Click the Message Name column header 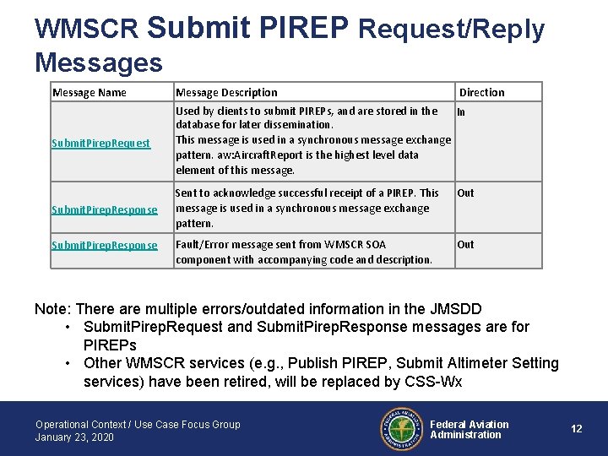[x=90, y=92]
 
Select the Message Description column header [x=226, y=92]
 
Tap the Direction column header [x=481, y=92]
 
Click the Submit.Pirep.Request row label [x=101, y=144]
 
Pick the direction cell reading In [x=461, y=111]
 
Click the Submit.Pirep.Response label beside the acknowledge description [x=105, y=209]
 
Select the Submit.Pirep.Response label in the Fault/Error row [x=105, y=245]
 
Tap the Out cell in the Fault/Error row [x=465, y=245]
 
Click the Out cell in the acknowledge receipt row [x=465, y=193]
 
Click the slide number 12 [x=577, y=429]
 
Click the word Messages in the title [x=98, y=62]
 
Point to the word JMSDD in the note [x=456, y=308]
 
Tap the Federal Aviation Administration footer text [x=470, y=430]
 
